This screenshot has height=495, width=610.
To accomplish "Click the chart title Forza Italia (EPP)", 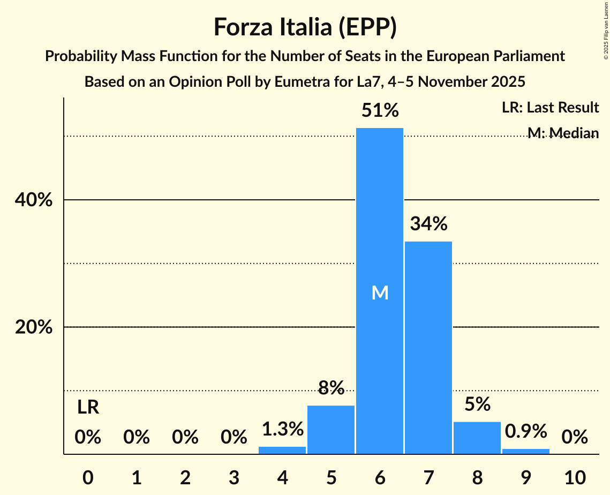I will [x=305, y=27].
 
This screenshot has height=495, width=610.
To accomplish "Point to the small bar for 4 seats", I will [x=282, y=451].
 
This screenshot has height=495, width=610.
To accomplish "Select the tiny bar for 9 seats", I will [x=525, y=452].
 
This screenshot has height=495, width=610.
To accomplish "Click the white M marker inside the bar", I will [x=380, y=292].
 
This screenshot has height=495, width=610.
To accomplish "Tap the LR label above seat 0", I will [x=88, y=408].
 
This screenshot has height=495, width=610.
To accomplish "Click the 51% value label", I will [x=380, y=111].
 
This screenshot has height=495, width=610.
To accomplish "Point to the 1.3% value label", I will [x=282, y=429].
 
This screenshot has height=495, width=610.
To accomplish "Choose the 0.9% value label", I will [x=525, y=431].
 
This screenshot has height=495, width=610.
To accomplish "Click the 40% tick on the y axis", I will [x=33, y=200].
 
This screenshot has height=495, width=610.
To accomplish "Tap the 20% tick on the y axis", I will [x=33, y=327].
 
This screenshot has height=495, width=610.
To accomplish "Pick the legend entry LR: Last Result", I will [x=550, y=108].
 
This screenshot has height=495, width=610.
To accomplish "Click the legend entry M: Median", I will [x=562, y=133].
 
